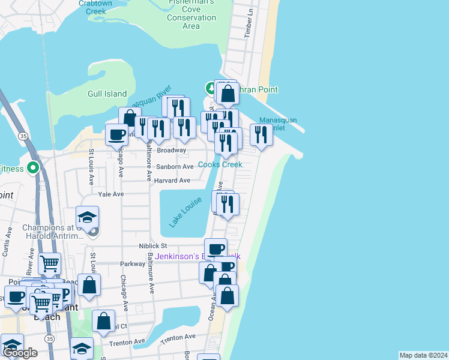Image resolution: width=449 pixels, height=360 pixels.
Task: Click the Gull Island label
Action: pyautogui.click(x=107, y=94)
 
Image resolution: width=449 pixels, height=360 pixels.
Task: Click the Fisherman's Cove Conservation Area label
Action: pyautogui.click(x=191, y=17)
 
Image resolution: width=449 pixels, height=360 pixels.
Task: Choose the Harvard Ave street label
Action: pyautogui.click(x=172, y=180)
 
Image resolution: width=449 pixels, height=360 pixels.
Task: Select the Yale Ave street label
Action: pyautogui.click(x=110, y=194)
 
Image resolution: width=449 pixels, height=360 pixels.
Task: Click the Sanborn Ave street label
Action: pyautogui.click(x=175, y=166)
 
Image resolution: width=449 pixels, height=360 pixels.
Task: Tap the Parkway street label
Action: pyautogui.click(x=133, y=263)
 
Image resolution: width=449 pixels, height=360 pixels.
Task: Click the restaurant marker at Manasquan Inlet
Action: pyautogui.click(x=261, y=134)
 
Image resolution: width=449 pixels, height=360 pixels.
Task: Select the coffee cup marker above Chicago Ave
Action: pyautogui.click(x=116, y=134)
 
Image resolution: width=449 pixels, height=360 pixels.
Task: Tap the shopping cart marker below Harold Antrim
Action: pyautogui.click(x=49, y=263)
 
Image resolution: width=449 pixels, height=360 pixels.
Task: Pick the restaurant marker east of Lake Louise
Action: pyautogui.click(x=228, y=205)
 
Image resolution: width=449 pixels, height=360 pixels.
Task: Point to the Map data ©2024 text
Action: pyautogui.click(x=424, y=355)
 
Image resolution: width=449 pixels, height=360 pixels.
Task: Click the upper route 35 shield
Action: pyautogui.click(x=23, y=137)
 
